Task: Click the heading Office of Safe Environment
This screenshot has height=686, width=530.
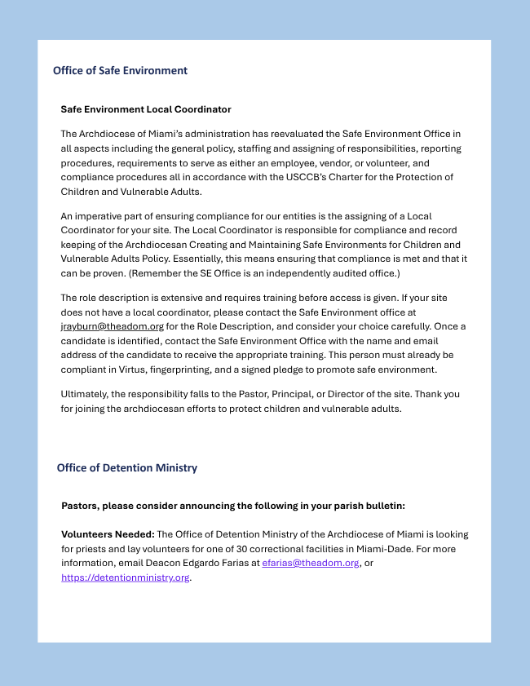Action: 120,70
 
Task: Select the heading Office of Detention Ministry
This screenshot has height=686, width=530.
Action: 127,467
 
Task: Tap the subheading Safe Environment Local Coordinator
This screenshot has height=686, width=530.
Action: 146,109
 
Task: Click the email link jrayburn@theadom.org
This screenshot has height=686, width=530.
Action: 113,326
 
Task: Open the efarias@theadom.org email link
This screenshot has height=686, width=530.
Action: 311,563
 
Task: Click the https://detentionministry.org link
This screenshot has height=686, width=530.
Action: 126,578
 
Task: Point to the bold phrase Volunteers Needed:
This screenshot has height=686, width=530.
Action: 108,534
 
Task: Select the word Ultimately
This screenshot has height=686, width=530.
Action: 86,394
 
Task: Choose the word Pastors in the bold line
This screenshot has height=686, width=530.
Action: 81,506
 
